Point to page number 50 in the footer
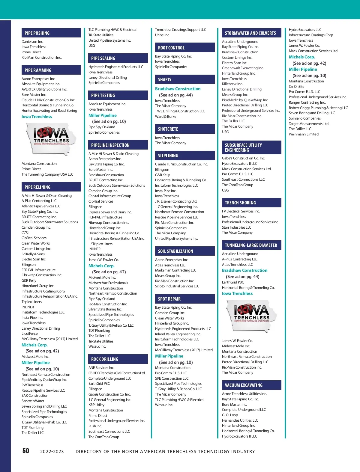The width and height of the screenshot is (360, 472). click(x=26, y=451)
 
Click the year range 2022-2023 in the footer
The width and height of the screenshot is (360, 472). click(x=52, y=452)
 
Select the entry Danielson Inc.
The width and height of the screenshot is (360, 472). click(x=32, y=42)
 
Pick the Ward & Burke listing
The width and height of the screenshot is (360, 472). click(x=166, y=117)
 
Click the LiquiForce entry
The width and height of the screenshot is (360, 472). click(x=30, y=334)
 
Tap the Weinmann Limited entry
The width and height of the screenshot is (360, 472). click(x=304, y=134)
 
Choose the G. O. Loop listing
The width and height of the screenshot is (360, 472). click(x=230, y=415)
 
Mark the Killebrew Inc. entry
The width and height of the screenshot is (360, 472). click(x=232, y=84)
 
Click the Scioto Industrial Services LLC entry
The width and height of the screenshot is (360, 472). click(x=177, y=286)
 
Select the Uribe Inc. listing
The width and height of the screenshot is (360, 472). click(x=162, y=35)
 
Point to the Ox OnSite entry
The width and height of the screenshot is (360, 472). click(x=296, y=87)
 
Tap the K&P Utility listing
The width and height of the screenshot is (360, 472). click(x=96, y=405)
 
